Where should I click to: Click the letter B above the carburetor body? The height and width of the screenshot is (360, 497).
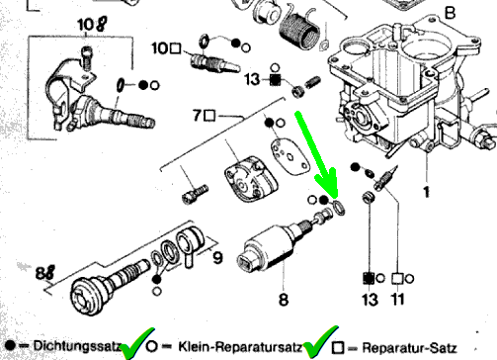(x=450, y=13)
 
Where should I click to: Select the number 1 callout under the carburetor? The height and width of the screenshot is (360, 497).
(x=426, y=192)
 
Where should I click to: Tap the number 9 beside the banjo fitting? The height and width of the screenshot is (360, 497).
(x=217, y=258)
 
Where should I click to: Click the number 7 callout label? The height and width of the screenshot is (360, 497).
(x=197, y=116)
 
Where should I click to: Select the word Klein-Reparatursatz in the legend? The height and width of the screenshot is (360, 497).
(x=240, y=346)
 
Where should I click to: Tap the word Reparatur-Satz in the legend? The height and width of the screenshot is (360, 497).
(x=409, y=348)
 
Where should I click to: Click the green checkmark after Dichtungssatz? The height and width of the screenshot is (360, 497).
(x=136, y=343)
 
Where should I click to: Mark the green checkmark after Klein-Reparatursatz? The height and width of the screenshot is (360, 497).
(x=319, y=343)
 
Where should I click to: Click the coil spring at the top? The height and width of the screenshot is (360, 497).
(x=299, y=27)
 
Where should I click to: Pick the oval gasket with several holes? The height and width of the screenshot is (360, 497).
(x=290, y=156)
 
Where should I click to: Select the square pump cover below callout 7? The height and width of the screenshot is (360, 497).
(x=251, y=178)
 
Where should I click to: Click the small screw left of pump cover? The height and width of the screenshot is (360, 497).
(x=195, y=194)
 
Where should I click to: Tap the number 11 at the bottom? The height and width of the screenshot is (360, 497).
(x=398, y=300)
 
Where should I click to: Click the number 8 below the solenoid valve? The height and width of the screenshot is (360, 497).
(x=284, y=300)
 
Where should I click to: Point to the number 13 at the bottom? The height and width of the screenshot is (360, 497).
(x=370, y=300)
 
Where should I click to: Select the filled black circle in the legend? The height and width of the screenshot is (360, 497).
(x=10, y=345)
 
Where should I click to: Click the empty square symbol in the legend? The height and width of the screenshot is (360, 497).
(x=338, y=348)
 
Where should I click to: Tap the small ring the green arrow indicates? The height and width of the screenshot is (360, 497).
(x=339, y=208)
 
